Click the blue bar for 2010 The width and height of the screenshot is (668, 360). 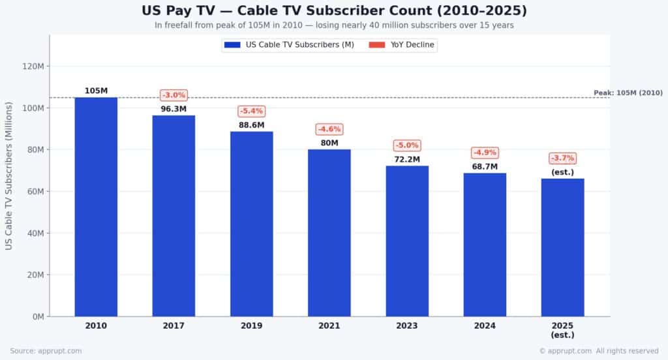(96, 207)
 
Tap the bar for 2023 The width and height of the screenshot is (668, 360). (407, 241)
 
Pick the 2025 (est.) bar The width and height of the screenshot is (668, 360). (562, 247)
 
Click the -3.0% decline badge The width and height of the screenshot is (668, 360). (174, 95)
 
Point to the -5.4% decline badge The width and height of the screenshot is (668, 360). (251, 111)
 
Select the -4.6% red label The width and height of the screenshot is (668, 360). (329, 129)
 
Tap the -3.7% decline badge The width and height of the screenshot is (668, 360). (562, 158)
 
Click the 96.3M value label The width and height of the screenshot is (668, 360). (174, 109)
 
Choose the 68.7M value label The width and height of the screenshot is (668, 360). (485, 167)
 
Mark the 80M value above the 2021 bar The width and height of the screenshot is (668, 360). (329, 143)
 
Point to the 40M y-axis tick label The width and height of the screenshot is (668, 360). (35, 233)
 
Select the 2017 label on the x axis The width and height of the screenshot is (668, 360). (174, 325)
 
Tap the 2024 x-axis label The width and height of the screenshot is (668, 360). (485, 325)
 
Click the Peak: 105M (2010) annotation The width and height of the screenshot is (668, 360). (628, 93)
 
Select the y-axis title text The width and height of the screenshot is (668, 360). (9, 175)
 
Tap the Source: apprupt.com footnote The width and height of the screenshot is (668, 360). (46, 351)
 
